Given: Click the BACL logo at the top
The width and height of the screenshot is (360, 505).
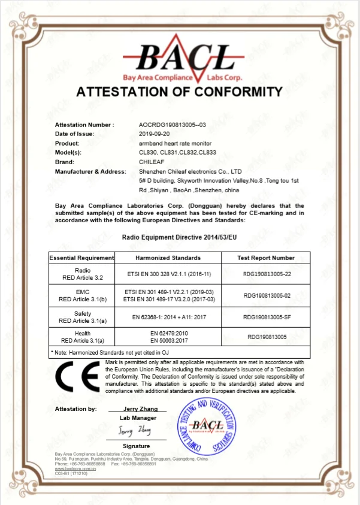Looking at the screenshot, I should (x=180, y=60).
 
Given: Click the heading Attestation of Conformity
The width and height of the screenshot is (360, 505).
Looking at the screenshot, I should (x=179, y=92).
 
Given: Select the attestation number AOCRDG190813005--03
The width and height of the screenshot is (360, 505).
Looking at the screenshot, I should (x=172, y=125).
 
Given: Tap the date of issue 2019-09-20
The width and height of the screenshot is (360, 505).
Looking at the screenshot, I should (x=155, y=134).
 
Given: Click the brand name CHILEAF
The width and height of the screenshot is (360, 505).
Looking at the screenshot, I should (x=150, y=162).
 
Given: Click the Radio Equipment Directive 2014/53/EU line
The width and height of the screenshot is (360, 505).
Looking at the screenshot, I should (x=180, y=238).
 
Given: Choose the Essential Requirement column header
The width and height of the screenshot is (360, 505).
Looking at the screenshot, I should (x=81, y=258).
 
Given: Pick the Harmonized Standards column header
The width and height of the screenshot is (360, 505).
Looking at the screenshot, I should (x=167, y=258).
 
